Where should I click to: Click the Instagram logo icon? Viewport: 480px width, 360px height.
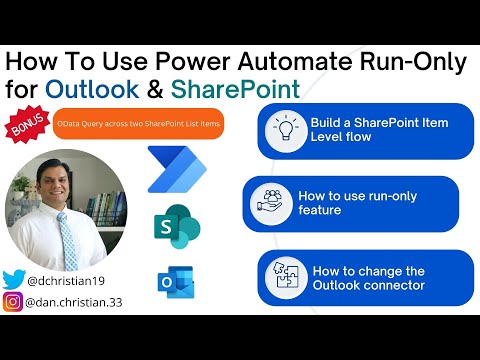coord(13,302)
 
